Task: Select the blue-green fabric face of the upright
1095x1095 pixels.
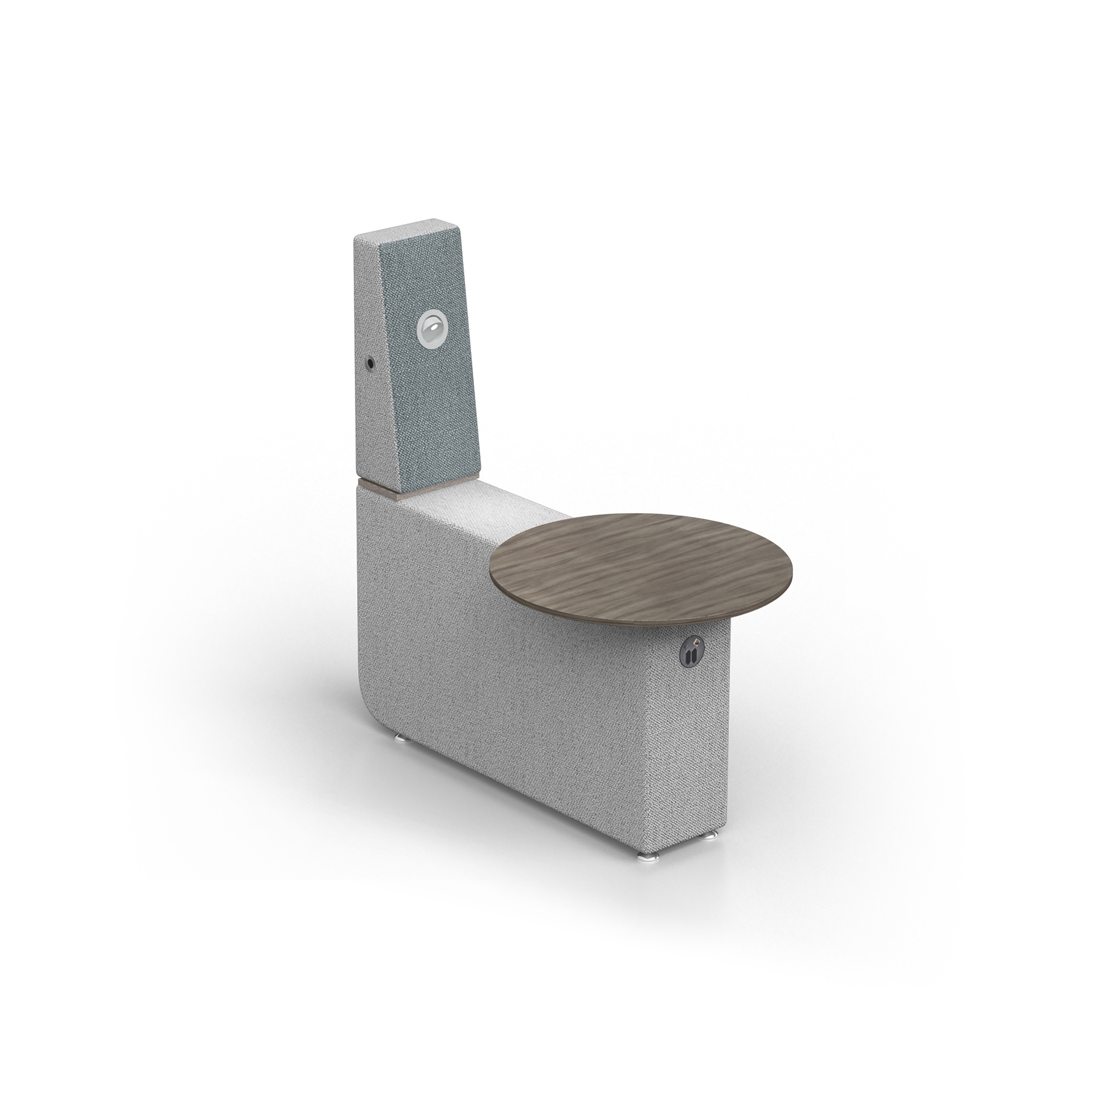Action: (x=437, y=397)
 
